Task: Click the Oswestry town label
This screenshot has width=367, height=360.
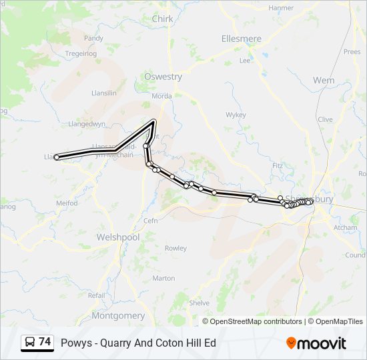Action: point(163,77)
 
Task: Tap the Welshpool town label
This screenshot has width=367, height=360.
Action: point(118,237)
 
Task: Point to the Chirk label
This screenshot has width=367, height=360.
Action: point(162,19)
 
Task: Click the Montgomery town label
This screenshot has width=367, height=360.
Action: point(117,315)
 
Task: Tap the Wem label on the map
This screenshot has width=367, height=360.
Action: point(324,80)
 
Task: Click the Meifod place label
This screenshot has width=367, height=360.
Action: point(67,203)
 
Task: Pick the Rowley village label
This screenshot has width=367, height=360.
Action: point(176,248)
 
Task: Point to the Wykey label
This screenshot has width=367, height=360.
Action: point(236,115)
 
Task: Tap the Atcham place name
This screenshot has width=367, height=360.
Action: point(345,227)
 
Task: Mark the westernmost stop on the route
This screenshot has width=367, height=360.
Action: point(57,157)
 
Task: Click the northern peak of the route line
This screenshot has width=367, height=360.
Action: point(154,121)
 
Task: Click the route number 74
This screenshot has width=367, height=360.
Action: point(45,342)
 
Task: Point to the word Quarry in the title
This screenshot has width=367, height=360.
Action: point(115,343)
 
